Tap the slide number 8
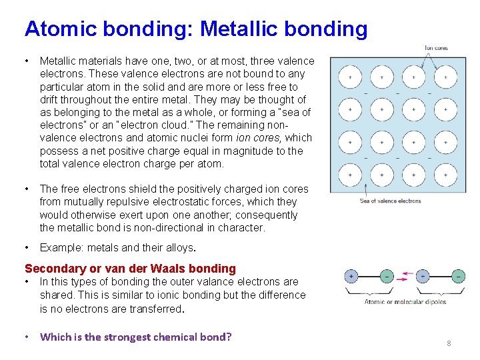pyautogui.click(x=449, y=343)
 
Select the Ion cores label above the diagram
pyautogui.click(x=436, y=48)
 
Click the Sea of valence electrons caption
pyautogui.click(x=390, y=201)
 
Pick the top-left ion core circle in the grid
pyautogui.click(x=350, y=77)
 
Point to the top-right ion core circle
pyautogui.click(x=445, y=77)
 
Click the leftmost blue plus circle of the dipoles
pyautogui.click(x=351, y=276)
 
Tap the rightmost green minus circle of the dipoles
pyautogui.click(x=458, y=276)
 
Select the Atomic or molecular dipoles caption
pyautogui.click(x=405, y=302)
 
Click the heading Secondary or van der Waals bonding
pyautogui.click(x=130, y=269)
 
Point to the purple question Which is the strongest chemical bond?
pyautogui.click(x=135, y=337)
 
